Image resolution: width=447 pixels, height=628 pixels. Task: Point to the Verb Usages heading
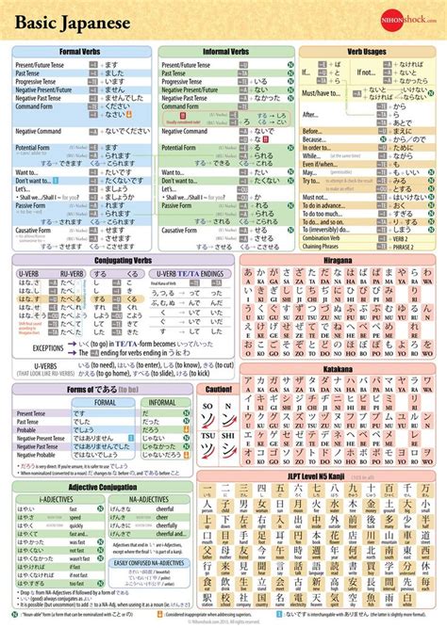point(368,53)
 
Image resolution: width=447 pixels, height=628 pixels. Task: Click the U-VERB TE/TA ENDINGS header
point(190,273)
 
